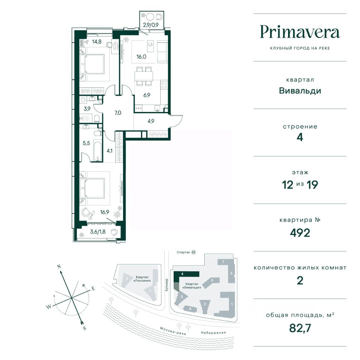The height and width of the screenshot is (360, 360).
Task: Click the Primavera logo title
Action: [x=300, y=33]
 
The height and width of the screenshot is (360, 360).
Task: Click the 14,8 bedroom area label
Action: [x=97, y=42]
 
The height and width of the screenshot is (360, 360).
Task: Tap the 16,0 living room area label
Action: [x=141, y=57]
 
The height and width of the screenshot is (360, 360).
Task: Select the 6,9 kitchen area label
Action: [x=147, y=95]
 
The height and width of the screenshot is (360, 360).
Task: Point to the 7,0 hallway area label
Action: [x=118, y=113]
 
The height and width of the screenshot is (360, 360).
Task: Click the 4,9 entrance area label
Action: [x=151, y=121]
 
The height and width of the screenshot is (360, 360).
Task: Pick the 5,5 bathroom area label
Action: [x=86, y=143]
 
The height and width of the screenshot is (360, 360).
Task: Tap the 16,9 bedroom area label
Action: [x=105, y=212]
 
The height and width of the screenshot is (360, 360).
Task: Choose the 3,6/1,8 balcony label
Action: [x=98, y=232]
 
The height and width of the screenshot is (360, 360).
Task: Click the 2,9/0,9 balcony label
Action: [x=151, y=25]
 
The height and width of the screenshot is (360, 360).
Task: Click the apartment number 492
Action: [x=300, y=233]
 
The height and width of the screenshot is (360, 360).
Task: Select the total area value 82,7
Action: [x=300, y=328]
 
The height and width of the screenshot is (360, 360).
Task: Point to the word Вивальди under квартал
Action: [x=300, y=91]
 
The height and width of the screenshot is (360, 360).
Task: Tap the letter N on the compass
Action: [x=59, y=267]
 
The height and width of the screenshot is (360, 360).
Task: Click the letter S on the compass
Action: [x=84, y=328]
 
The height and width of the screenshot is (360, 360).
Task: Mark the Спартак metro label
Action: [x=183, y=252]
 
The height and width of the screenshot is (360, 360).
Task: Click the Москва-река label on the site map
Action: [x=173, y=331]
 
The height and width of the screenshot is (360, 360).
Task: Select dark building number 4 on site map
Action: [x=186, y=274]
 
